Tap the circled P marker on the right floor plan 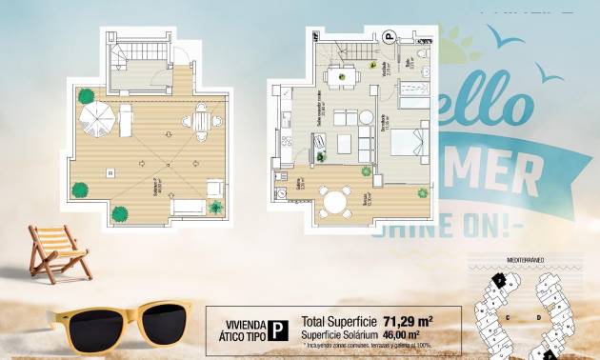click(389, 38)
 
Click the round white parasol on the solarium click(96, 118)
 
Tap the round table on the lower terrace click(334, 201)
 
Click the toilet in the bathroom click(425, 71)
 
